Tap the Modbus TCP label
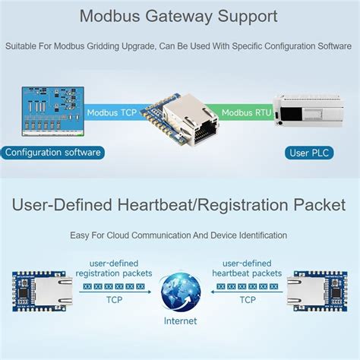pyautogui.click(x=112, y=112)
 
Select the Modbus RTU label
pyautogui.click(x=247, y=112)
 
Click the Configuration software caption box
pyautogui.click(x=52, y=153)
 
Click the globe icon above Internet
pyautogui.click(x=180, y=292)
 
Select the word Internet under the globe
pyautogui.click(x=180, y=321)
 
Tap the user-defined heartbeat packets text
pyautogui.click(x=248, y=267)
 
